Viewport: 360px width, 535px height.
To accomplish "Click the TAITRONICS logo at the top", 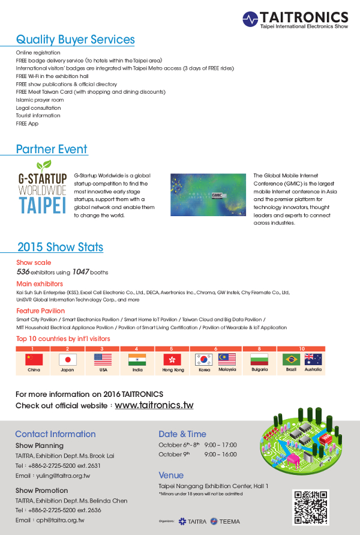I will coord(295,20).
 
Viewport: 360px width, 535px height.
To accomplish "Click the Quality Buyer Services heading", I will coord(75,40).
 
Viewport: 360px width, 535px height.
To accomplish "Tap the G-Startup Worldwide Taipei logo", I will coord(41,188).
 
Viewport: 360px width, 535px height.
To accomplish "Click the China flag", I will coord(34,360).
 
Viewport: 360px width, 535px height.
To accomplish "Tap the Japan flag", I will coord(68,360).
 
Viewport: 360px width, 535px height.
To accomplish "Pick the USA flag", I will coord(103,360).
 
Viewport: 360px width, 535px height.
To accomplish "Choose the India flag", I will coord(137,360).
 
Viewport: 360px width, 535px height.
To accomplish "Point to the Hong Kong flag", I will coord(172,360).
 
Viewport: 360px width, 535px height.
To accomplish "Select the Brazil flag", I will coord(291,360).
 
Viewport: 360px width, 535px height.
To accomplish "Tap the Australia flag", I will coord(313,360).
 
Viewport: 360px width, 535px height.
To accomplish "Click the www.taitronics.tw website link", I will coord(154,405).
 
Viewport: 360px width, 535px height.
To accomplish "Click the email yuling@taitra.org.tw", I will coord(60,476).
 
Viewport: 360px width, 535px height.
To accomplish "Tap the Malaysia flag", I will coord(226,360).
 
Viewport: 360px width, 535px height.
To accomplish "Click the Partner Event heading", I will coord(52,149).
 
